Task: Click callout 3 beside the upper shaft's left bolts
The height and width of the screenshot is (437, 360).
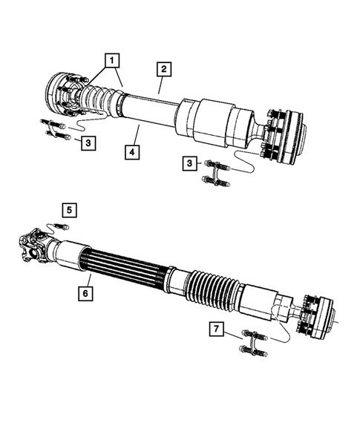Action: point(88,141)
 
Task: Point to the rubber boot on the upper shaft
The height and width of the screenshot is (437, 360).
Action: point(100,99)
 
